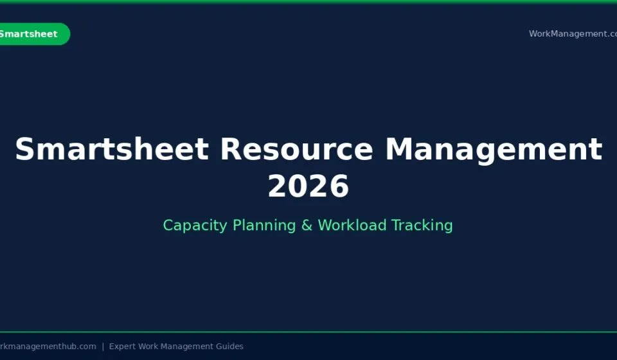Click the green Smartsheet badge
coord(35,34)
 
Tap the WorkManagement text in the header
coord(573,34)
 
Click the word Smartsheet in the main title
coord(112,149)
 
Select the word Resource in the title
coord(296,149)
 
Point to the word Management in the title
coord(494,150)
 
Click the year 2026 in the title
coord(308,186)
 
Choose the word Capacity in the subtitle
coord(195,226)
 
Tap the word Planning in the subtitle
coord(264,226)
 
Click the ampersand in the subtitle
coord(307,226)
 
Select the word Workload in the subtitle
coord(352,225)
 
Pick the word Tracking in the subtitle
coord(422,226)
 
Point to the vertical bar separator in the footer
coord(103,346)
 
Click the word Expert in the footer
coord(122,346)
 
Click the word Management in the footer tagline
coord(186,346)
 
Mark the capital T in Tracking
coord(396,225)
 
